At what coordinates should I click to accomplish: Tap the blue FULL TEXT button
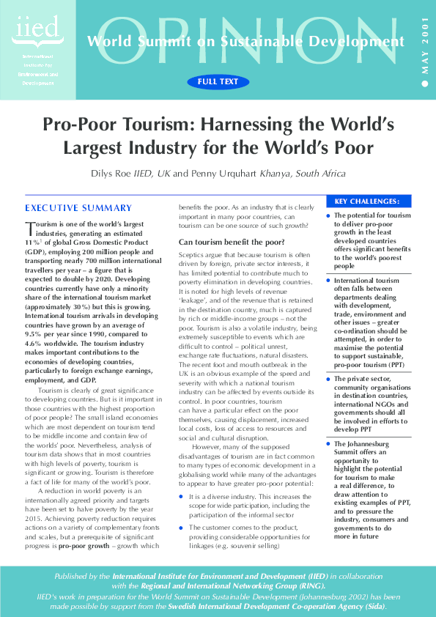[x=218, y=82]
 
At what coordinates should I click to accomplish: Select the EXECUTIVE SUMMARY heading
[x=78, y=208]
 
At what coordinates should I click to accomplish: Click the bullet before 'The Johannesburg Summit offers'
[x=328, y=444]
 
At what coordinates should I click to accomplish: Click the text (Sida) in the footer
[x=372, y=607]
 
